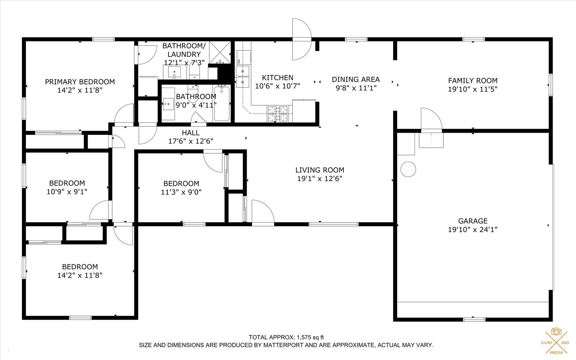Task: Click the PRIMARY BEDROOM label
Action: [x=80, y=82]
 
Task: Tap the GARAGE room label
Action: [x=473, y=221]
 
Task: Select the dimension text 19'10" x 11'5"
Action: [x=473, y=89]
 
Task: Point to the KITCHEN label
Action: [x=277, y=78]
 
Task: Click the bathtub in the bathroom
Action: [x=222, y=103]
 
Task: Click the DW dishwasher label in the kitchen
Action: [x=239, y=61]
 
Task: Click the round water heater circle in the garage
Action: [x=408, y=169]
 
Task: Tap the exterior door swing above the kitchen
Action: [x=301, y=39]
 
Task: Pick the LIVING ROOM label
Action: [x=320, y=170]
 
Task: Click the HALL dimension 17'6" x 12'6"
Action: [x=191, y=141]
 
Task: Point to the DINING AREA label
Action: [x=356, y=79]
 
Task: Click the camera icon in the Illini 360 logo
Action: [x=556, y=331]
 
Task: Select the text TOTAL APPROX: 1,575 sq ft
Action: [x=286, y=337]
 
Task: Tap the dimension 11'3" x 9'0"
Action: [x=181, y=192]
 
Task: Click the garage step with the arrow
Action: [x=431, y=140]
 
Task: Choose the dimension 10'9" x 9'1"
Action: [x=67, y=192]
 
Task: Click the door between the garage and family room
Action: [x=431, y=119]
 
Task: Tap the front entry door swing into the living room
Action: [x=262, y=211]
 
